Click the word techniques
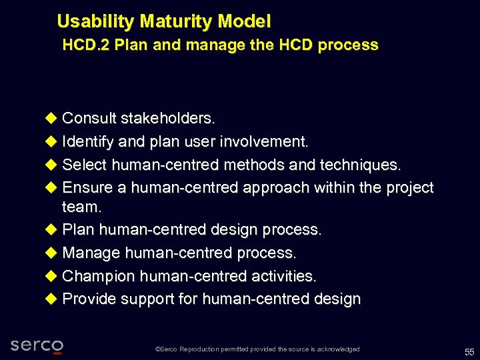(363, 165)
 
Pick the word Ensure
(87, 188)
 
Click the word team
(82, 207)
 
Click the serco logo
(37, 345)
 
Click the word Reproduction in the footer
(207, 349)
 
